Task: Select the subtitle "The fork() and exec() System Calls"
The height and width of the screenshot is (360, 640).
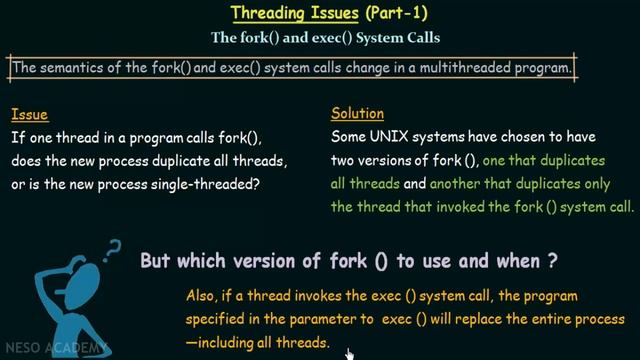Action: pos(325,39)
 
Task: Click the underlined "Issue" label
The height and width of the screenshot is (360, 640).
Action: pos(30,114)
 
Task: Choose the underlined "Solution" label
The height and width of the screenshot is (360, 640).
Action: pos(357,114)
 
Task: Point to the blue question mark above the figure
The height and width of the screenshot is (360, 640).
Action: pos(113,249)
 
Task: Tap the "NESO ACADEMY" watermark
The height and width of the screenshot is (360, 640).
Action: pos(38,349)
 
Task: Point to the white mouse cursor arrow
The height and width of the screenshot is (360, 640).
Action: pos(349,353)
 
